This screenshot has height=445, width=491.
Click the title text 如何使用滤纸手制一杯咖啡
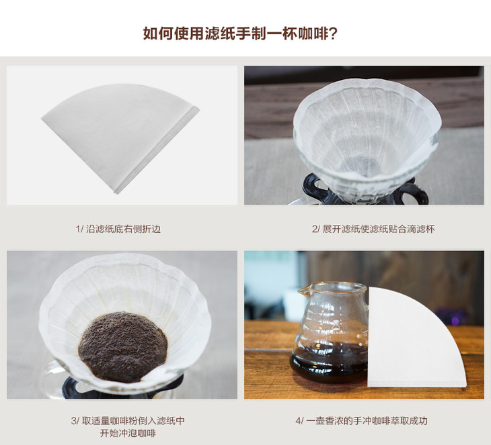[236, 34]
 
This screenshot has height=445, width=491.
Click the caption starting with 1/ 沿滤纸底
[118, 229]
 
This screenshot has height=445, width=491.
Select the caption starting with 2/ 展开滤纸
[373, 229]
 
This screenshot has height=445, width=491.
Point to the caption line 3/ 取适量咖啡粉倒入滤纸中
[128, 421]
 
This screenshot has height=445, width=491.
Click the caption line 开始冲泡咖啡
[128, 434]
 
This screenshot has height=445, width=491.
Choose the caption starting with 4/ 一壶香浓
[362, 421]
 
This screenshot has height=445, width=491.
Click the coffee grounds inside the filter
[123, 346]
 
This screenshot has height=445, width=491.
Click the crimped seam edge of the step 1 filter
[157, 150]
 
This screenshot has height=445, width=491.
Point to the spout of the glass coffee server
[302, 291]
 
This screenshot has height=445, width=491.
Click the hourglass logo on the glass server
[336, 326]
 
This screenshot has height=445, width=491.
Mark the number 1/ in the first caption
[79, 229]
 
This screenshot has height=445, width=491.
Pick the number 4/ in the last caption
[299, 421]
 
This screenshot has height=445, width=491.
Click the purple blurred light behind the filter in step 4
[454, 319]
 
